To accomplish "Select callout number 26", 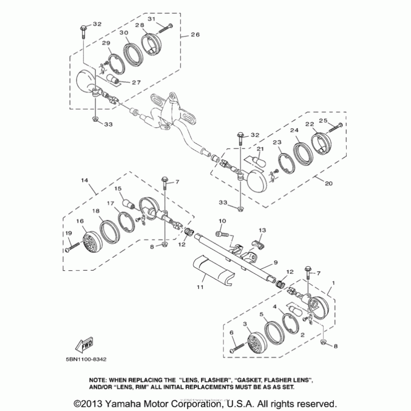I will [195, 35].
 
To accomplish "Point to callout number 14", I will [84, 180].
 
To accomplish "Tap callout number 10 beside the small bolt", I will [222, 220].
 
